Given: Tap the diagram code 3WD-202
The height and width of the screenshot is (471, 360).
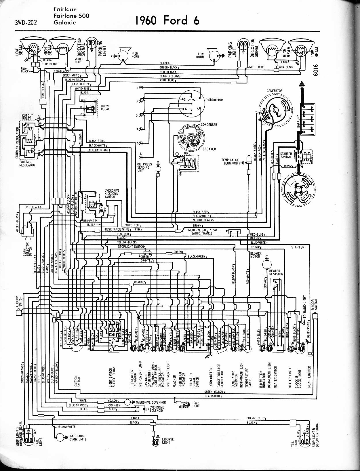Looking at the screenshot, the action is click(26, 22).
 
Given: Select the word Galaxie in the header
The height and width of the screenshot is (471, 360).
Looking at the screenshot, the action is click(64, 22).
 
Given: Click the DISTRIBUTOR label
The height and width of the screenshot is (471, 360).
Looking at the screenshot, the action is click(214, 100).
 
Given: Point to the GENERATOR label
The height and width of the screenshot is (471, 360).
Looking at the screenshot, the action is click(275, 91).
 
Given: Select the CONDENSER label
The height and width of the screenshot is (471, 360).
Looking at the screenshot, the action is click(209, 125).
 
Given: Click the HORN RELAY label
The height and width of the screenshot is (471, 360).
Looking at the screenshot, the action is click(105, 107).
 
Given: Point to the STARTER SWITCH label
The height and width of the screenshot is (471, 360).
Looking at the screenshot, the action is click(286, 155).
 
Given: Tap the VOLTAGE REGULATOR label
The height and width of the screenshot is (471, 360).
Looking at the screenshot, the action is click(27, 163).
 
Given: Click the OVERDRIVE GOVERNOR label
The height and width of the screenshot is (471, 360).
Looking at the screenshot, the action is click(151, 402).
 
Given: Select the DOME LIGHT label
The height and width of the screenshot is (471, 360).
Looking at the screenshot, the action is click(195, 404).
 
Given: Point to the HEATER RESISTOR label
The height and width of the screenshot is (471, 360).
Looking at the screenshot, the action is click(276, 272).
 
